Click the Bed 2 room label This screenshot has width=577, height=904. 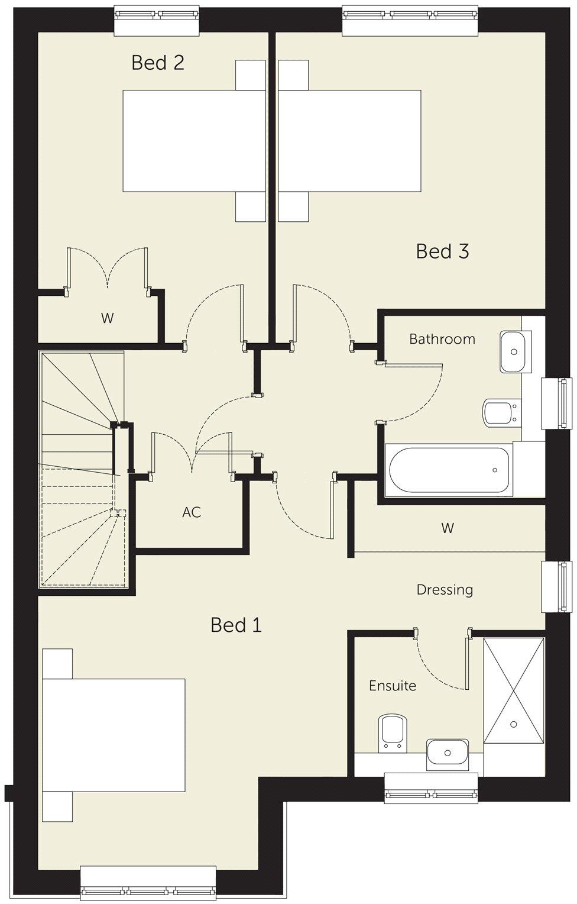click(x=158, y=62)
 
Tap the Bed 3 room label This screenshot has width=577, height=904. click(x=442, y=251)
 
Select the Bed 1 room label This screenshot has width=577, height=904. click(x=236, y=625)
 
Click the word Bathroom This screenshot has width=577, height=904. click(x=442, y=339)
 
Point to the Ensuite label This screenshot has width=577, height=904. click(x=392, y=686)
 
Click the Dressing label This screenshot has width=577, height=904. click(x=445, y=590)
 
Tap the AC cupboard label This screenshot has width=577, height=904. click(x=192, y=512)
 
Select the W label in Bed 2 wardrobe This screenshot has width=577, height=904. click(x=107, y=318)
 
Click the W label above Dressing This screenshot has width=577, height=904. click(x=448, y=527)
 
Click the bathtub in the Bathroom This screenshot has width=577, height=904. click(x=448, y=470)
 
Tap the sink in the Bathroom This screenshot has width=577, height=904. click(x=516, y=351)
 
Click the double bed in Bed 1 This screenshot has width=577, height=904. click(x=112, y=735)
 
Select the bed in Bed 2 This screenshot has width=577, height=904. click(x=193, y=141)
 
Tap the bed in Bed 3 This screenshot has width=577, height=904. click(x=350, y=141)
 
